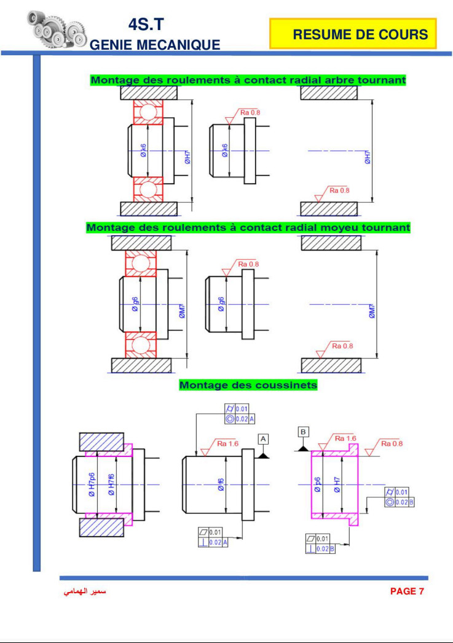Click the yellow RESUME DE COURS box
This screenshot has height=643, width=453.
[353, 34]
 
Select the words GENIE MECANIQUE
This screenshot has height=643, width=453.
[155, 45]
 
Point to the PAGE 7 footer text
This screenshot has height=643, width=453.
[407, 591]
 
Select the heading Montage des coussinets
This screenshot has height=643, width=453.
[248, 386]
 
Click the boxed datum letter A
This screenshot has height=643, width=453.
[263, 438]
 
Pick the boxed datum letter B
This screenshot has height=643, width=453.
[304, 432]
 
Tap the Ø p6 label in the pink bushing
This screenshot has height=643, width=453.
[318, 485]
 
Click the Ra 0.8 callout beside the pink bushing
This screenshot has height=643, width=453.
[392, 443]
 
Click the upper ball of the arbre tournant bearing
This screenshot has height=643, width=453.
[148, 112]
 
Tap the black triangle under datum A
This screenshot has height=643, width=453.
[264, 455]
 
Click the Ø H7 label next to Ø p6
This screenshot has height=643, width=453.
[337, 485]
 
